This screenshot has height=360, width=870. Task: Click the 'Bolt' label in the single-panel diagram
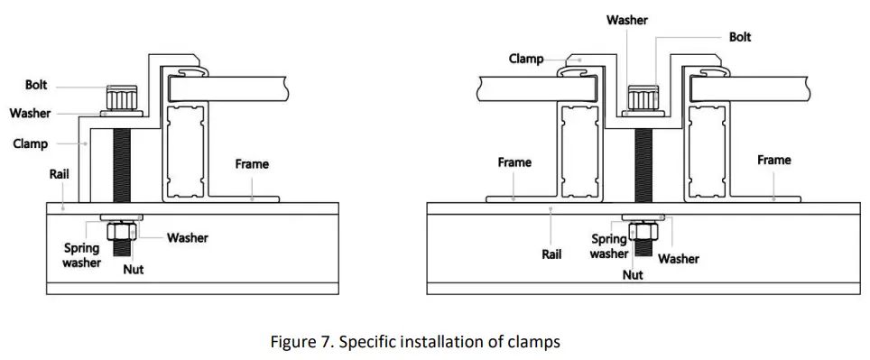point(37,86)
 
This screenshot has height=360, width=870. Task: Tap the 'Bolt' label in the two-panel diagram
point(739,37)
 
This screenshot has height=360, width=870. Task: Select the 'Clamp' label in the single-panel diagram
point(30,143)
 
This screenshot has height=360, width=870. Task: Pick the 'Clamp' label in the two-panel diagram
point(526,59)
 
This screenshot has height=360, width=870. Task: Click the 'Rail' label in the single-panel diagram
point(60,174)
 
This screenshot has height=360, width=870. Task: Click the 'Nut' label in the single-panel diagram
point(133,269)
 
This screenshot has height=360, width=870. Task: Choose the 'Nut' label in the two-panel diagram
point(633,274)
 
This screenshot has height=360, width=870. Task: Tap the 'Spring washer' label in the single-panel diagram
point(81,255)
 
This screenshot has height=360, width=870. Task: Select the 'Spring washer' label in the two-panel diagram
point(609,246)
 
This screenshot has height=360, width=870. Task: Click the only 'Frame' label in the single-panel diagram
point(251,164)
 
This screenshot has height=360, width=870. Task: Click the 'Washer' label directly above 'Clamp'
point(30,114)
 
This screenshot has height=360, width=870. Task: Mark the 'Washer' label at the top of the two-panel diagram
point(626,20)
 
